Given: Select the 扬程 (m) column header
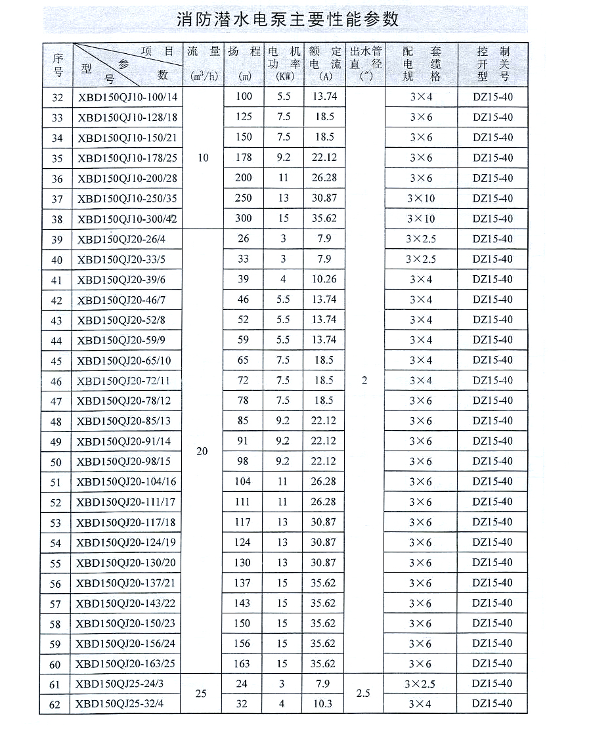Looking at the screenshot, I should pyautogui.click(x=244, y=64).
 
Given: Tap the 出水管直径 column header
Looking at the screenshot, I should pyautogui.click(x=365, y=64).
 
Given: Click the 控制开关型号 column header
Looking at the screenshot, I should pyautogui.click(x=493, y=64).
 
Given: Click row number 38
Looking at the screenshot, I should pyautogui.click(x=57, y=219).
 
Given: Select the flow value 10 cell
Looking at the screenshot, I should pyautogui.click(x=203, y=158).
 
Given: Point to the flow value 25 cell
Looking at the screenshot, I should pyautogui.click(x=202, y=694).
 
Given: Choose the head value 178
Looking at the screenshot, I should pyautogui.click(x=244, y=158).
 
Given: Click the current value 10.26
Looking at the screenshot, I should pyautogui.click(x=324, y=279).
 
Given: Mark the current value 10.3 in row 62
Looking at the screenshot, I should pyautogui.click(x=324, y=704).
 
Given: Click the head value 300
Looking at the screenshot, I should pyautogui.click(x=244, y=219).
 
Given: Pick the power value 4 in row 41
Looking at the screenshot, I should pyautogui.click(x=283, y=279).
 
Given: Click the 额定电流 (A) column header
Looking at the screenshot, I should pyautogui.click(x=325, y=64).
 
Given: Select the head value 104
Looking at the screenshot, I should pyautogui.click(x=243, y=481).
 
